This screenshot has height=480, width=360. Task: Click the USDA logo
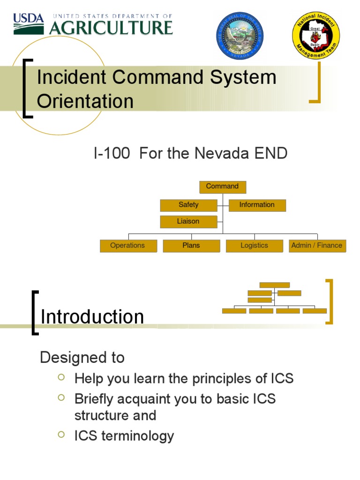pyautogui.click(x=28, y=23)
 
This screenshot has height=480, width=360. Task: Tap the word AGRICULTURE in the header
pyautogui.click(x=111, y=27)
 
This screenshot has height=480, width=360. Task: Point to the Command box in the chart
pyautogui.click(x=223, y=187)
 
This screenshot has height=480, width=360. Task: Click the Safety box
pyautogui.click(x=188, y=205)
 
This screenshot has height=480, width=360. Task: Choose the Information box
pyautogui.click(x=257, y=205)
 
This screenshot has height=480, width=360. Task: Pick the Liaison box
pyautogui.click(x=188, y=221)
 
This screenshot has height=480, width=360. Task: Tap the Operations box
pyautogui.click(x=128, y=246)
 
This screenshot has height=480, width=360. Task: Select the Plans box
pyautogui.click(x=191, y=246)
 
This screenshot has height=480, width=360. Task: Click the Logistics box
pyautogui.click(x=255, y=246)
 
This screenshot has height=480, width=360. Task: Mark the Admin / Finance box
pyautogui.click(x=317, y=246)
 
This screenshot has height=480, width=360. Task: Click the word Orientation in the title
pyautogui.click(x=85, y=101)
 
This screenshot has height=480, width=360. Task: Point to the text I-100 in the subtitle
pyautogui.click(x=112, y=153)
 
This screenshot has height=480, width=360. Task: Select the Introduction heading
pyautogui.click(x=92, y=317)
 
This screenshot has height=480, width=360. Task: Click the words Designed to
pyautogui.click(x=82, y=358)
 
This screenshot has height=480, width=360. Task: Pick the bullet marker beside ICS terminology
pyautogui.click(x=61, y=435)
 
